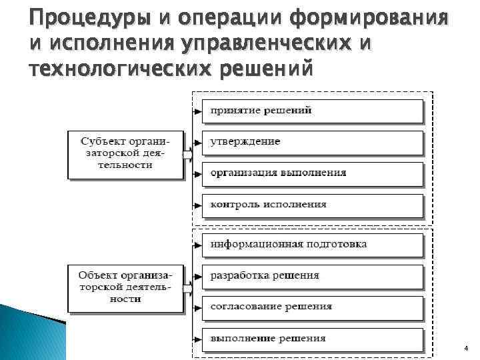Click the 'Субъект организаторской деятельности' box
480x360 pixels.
click(125, 154)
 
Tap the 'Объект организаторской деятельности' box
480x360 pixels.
click(125, 287)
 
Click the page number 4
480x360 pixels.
click(465, 349)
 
